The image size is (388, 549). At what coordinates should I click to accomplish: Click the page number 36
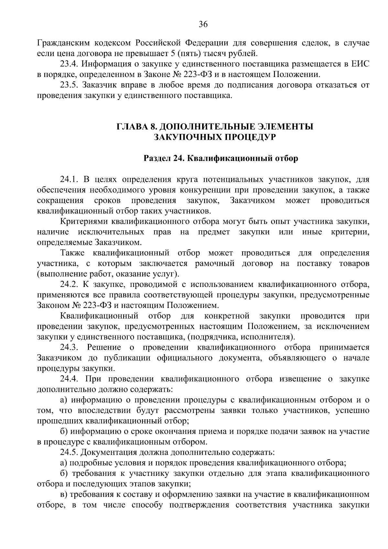(x=203, y=25)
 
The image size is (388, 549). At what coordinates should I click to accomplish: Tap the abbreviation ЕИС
(x=360, y=64)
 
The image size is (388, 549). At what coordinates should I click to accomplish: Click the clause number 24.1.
(x=69, y=179)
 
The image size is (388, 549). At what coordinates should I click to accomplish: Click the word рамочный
(x=215, y=264)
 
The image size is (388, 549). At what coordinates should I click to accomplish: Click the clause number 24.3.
(x=69, y=347)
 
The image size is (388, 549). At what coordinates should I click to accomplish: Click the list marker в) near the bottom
(x=64, y=494)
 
